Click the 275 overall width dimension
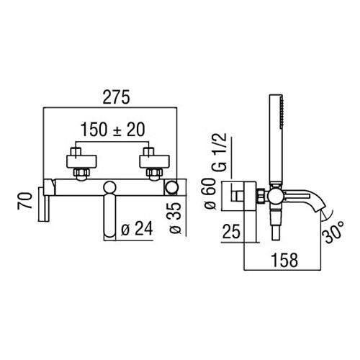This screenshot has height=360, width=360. pos(116,97)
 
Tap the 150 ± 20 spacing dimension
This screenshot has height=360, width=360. pos(113,130)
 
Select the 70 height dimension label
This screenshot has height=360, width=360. pos(24,201)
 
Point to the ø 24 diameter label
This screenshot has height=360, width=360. pos(137,228)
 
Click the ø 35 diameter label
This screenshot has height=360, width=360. pos(175,218)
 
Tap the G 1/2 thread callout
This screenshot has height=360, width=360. pos(220,152)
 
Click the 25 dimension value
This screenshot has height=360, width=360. pos(231,231)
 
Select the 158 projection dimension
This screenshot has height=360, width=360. pos(284,260)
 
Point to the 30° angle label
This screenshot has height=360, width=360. pos(334,232)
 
